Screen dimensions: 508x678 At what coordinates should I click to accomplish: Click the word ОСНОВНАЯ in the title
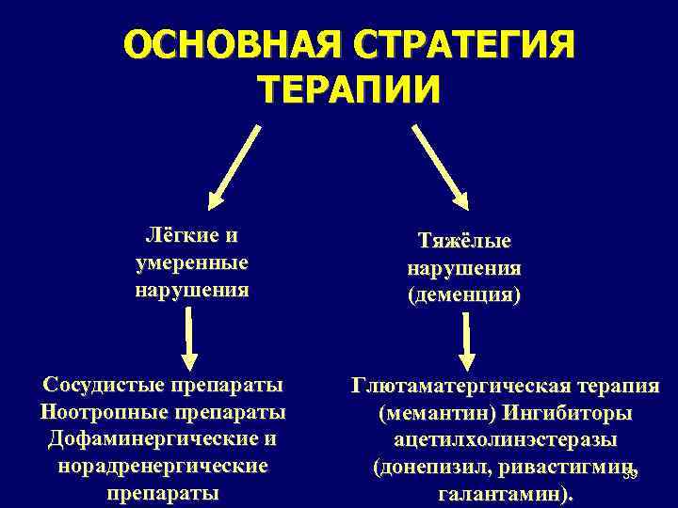click(x=226, y=45)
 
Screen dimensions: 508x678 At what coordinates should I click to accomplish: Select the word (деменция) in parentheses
click(x=464, y=294)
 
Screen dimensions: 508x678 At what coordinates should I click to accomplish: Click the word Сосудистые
click(x=101, y=386)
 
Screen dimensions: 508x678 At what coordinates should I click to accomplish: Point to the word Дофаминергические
click(x=149, y=439)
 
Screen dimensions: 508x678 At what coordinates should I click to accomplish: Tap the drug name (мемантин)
click(x=436, y=413)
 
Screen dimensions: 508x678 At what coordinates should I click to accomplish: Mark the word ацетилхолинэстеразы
click(x=506, y=439)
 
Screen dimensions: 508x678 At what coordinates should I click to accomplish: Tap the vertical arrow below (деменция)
click(x=465, y=341)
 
